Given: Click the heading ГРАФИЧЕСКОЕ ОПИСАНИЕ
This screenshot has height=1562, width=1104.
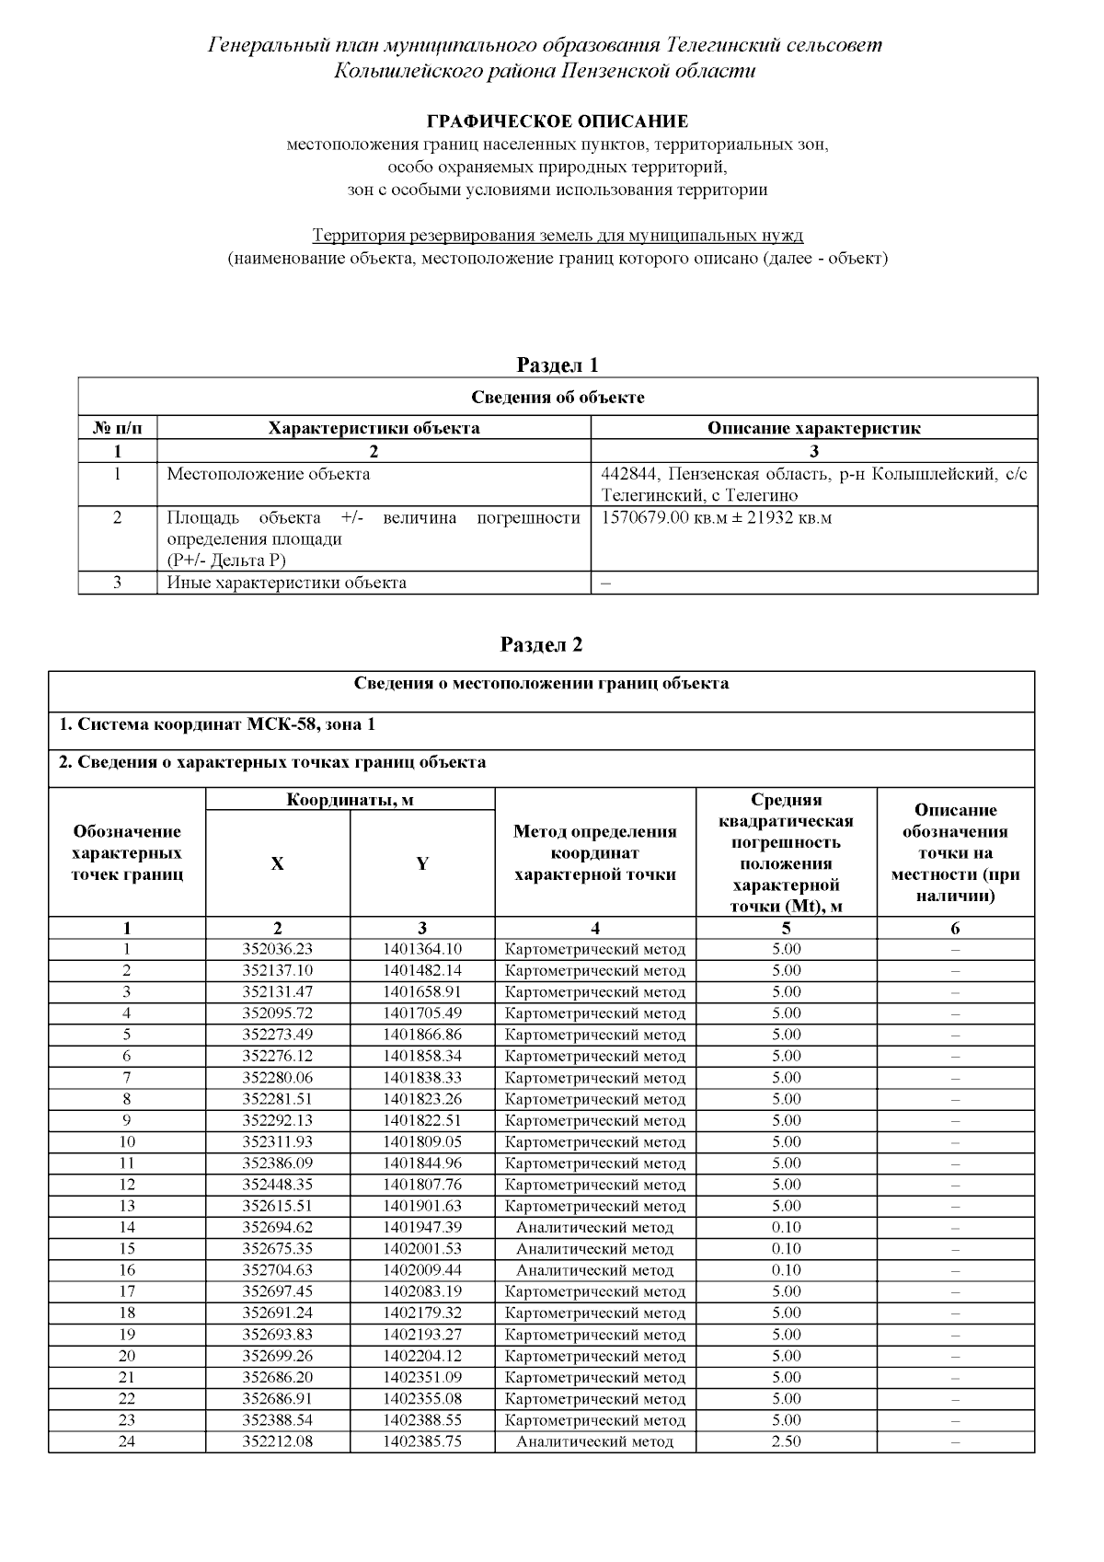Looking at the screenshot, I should (558, 121).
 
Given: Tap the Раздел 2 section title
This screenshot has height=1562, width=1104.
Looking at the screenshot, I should (541, 644).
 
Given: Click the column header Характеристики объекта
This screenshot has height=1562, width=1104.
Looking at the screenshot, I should (374, 428).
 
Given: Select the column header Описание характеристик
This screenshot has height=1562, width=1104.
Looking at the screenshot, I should (813, 428).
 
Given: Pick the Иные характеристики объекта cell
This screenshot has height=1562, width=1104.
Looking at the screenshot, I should (286, 583).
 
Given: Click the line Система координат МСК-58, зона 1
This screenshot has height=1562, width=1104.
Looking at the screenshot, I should (217, 724).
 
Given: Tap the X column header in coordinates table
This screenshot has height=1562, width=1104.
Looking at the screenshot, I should (277, 863).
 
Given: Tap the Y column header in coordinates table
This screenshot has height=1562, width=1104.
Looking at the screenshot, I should (422, 863).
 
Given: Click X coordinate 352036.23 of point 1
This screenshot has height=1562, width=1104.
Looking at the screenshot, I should (277, 949).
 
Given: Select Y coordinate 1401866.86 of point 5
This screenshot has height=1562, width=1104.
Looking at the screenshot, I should (422, 1035).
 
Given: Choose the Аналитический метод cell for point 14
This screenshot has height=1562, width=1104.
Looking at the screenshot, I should (594, 1227).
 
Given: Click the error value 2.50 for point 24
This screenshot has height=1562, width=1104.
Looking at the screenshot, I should (786, 1441).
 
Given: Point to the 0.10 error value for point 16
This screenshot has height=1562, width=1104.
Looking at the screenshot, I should (786, 1270).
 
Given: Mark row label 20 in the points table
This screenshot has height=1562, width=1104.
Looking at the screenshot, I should (127, 1356).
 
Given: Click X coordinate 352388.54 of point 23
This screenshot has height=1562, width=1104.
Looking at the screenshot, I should (277, 1420).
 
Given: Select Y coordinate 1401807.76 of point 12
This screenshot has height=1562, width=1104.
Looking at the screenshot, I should (422, 1185).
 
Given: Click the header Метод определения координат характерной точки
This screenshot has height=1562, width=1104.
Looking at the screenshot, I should (594, 853).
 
